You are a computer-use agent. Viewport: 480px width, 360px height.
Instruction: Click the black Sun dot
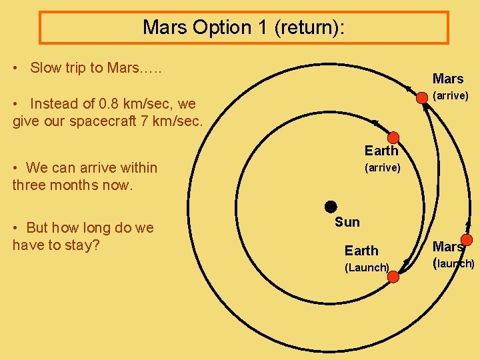pos(330,206)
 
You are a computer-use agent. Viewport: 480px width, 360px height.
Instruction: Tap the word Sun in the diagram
pos(347,222)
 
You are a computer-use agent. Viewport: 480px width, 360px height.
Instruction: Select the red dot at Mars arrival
pos(422,98)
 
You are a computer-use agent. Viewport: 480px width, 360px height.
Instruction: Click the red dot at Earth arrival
pos(393,138)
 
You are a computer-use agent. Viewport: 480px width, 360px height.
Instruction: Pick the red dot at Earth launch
pos(393,277)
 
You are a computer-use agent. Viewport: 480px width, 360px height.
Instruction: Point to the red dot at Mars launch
pos(467,240)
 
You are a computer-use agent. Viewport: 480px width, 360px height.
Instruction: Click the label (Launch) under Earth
pos(366,268)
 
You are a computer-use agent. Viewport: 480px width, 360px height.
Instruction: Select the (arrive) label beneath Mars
pos(451,96)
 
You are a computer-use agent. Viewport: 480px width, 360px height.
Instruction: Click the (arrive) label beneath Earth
pos(382,168)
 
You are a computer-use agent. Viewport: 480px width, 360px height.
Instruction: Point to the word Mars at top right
pos(448,79)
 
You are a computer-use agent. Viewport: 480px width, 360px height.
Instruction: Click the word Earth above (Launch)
pos(361,251)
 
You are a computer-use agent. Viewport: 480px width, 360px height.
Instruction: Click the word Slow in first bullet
pos(45,67)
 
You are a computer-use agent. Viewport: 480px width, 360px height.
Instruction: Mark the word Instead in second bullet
pos(53,104)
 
